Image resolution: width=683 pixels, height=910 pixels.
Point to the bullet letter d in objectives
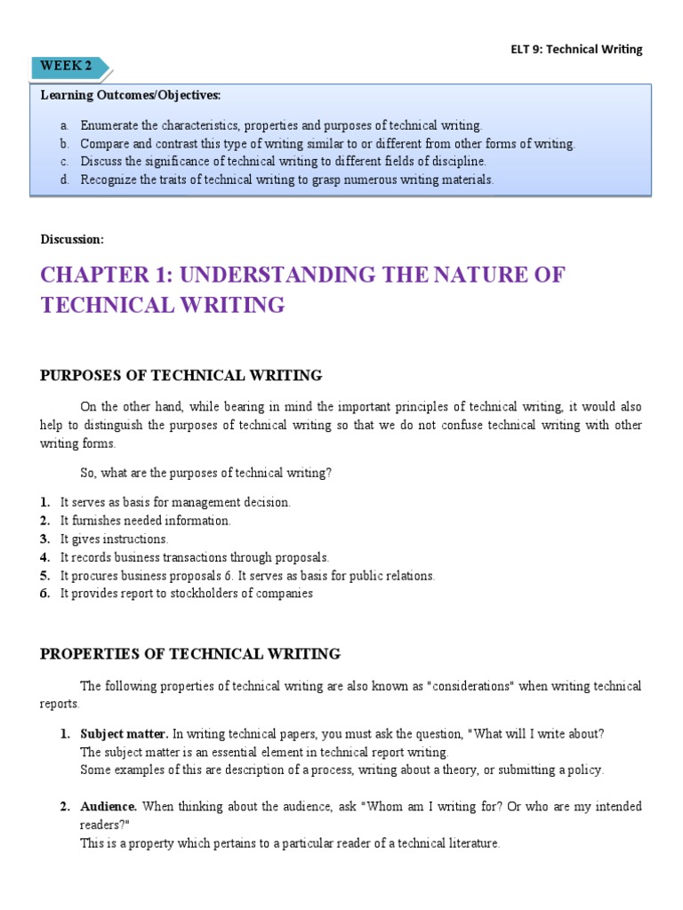pos(64,180)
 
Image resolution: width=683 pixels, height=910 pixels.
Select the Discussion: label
pos(72,239)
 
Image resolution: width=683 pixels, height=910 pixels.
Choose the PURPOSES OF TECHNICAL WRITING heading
pos(181,376)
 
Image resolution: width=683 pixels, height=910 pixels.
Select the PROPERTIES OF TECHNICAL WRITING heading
pos(190,655)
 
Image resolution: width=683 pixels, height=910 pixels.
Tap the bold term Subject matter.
pos(124,734)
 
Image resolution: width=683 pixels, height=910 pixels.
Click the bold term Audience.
pos(108,807)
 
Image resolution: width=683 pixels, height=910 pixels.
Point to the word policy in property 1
pos(587,770)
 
